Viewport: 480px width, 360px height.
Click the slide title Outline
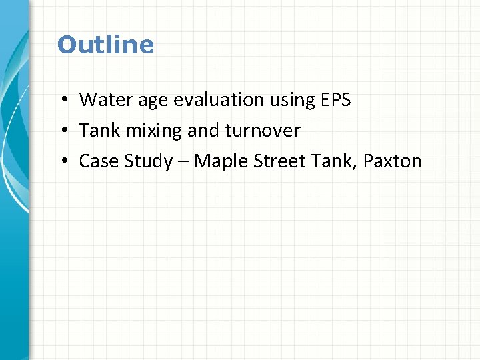[x=105, y=45]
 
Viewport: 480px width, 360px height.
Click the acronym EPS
[x=336, y=100]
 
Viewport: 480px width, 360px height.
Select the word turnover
[x=263, y=131]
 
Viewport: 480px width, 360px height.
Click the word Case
[x=96, y=161]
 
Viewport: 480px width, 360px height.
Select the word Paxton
[x=393, y=161]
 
